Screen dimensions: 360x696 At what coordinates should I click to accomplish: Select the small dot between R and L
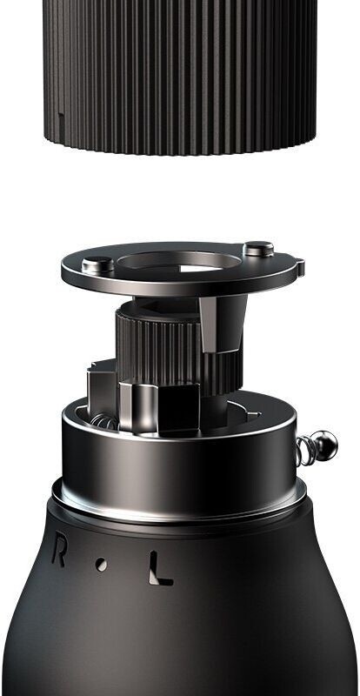(x=102, y=565)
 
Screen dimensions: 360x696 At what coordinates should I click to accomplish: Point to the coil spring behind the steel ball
(x=306, y=450)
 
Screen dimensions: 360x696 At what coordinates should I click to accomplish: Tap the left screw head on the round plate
(x=97, y=265)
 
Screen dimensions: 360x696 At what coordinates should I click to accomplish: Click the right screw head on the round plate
(x=258, y=249)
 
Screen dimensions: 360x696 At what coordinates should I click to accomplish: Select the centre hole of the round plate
(x=179, y=263)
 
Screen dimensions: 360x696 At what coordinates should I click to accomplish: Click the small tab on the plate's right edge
(x=300, y=267)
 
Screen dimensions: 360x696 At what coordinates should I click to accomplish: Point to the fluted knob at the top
(x=180, y=76)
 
